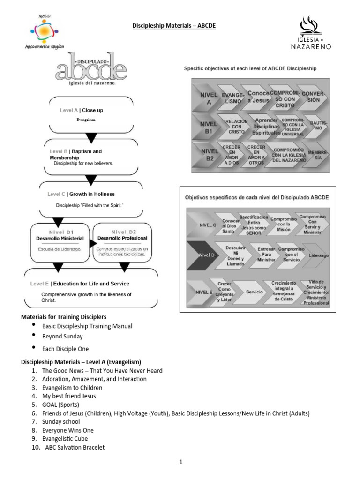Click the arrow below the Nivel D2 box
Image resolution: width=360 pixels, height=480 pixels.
[x=124, y=267]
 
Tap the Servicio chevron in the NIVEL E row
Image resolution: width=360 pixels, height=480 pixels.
[x=255, y=292]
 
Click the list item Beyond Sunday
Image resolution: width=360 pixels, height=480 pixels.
[x=62, y=336]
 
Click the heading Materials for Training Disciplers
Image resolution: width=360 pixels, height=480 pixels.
[x=63, y=317]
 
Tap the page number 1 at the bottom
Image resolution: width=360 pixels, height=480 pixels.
[x=180, y=462]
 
